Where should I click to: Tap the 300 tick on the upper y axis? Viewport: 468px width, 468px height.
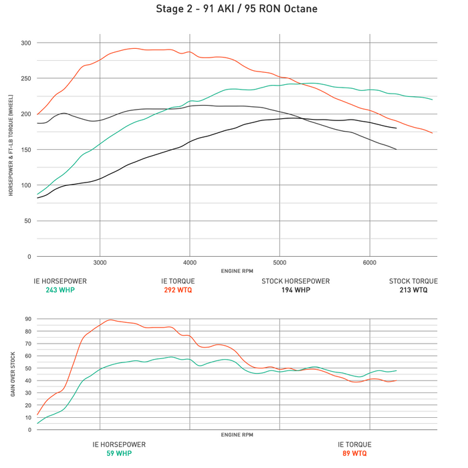click(x=25, y=43)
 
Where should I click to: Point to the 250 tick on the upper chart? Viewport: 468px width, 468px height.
click(x=25, y=78)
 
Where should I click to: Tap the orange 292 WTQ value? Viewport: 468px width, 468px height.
click(x=177, y=290)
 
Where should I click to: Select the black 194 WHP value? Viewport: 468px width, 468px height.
click(x=296, y=290)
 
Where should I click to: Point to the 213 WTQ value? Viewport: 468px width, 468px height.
click(x=413, y=290)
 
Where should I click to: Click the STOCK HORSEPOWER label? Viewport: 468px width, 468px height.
click(x=296, y=281)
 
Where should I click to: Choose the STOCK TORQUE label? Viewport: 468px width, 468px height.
click(x=413, y=281)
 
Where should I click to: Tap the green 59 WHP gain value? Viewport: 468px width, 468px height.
click(x=118, y=453)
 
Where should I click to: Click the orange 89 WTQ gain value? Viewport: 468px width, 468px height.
click(x=354, y=453)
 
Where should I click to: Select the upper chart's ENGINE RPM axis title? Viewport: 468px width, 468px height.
click(x=237, y=271)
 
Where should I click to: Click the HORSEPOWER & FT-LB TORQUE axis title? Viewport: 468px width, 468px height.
click(x=11, y=150)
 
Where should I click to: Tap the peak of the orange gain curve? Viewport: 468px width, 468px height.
click(x=110, y=320)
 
